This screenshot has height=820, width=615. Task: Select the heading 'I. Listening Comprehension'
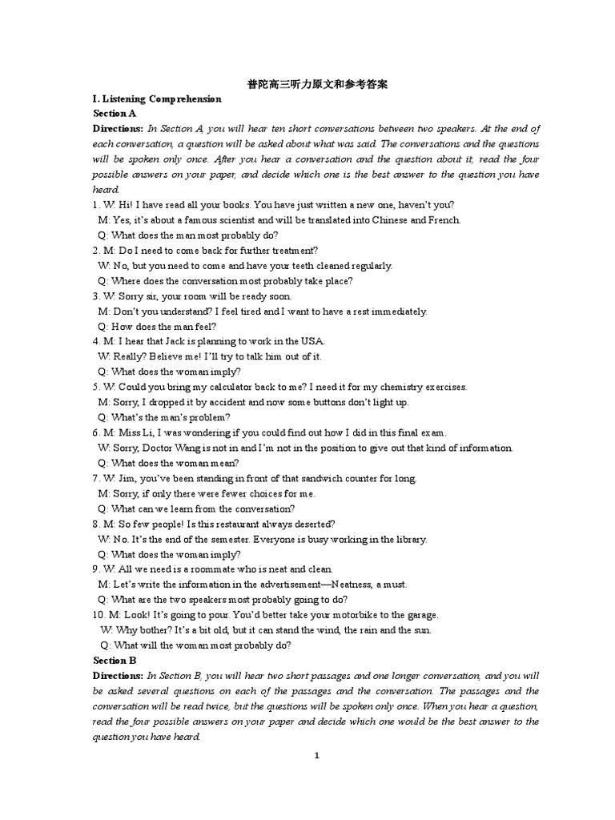[x=157, y=99]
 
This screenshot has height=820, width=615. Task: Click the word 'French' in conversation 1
[x=444, y=220]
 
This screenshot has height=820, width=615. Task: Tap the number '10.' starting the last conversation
[x=98, y=615]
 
